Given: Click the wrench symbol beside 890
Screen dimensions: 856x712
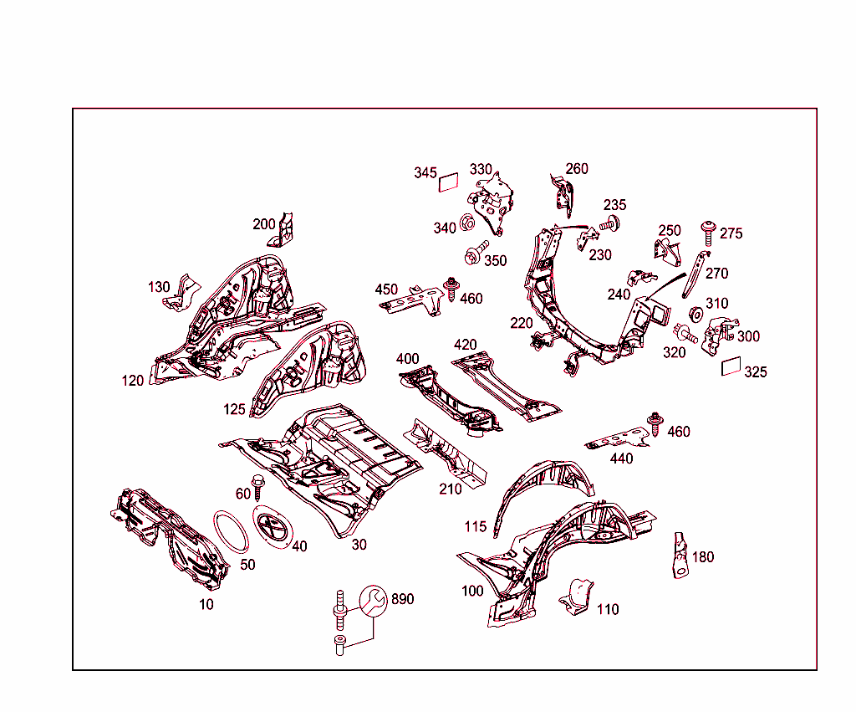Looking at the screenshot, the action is [x=374, y=601].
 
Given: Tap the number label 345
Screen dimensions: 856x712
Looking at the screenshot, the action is [x=425, y=172].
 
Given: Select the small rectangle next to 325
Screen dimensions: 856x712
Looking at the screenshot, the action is [x=731, y=366].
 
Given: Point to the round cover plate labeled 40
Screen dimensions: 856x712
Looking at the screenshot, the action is [x=273, y=527].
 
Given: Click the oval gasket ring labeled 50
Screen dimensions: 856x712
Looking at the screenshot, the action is [x=231, y=531].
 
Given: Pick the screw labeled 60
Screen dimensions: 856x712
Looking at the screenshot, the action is [x=257, y=487].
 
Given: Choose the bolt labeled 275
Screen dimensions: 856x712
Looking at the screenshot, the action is [x=708, y=233].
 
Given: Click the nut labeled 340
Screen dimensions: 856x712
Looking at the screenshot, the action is [x=467, y=223].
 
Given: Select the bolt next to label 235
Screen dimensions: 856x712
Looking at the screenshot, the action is [x=609, y=223].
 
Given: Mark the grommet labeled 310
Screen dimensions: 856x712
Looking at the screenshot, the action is [x=696, y=315].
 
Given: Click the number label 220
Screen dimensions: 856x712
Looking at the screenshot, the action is [x=522, y=323].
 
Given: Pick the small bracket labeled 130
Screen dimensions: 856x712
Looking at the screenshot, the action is [x=181, y=294].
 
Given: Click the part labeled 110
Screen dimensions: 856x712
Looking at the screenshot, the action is [x=577, y=597].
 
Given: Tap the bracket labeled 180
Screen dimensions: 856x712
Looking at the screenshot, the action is [x=680, y=556].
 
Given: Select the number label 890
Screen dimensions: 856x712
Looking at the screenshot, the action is [x=403, y=599].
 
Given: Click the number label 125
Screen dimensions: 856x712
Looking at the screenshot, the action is [x=234, y=409].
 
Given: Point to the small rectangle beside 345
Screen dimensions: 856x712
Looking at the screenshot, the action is [x=449, y=182].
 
